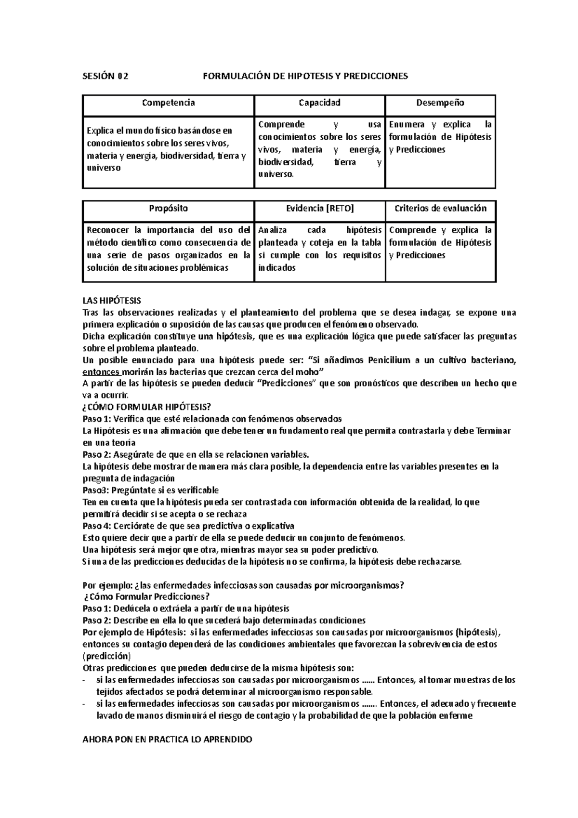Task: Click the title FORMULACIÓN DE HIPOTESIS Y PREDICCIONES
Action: click(305, 76)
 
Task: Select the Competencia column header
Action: click(168, 103)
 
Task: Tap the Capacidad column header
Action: click(319, 103)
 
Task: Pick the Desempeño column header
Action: click(440, 103)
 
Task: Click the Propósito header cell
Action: click(168, 209)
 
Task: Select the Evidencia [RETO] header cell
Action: click(319, 209)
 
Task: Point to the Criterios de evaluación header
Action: click(440, 209)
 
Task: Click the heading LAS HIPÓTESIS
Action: click(112, 301)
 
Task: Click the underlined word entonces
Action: click(101, 372)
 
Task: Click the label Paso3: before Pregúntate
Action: click(96, 490)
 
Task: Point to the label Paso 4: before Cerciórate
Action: click(97, 526)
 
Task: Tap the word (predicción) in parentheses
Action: click(106, 656)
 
